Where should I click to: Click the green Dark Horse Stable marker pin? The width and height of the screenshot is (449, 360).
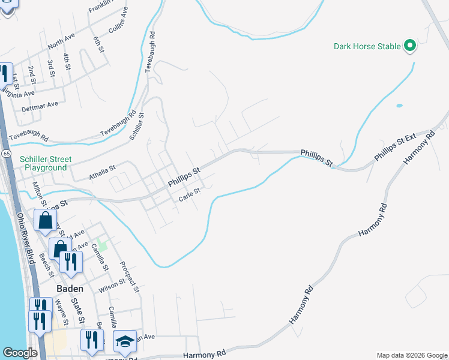410,46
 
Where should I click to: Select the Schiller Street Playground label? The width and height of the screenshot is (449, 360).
45,164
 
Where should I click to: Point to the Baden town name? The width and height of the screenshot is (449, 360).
70,288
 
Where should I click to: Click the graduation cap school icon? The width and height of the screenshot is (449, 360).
125,341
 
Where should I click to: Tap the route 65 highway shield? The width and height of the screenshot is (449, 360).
6,154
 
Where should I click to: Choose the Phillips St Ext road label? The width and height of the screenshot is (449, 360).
395,147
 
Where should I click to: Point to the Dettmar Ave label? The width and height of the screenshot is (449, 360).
40,107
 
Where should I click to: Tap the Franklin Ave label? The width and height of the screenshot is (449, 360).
100,7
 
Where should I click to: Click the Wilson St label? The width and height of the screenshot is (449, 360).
112,287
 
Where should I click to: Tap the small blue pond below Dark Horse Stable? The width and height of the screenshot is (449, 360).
399,106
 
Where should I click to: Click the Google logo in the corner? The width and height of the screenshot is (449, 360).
20,353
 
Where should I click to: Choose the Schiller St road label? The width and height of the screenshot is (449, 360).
137,127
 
